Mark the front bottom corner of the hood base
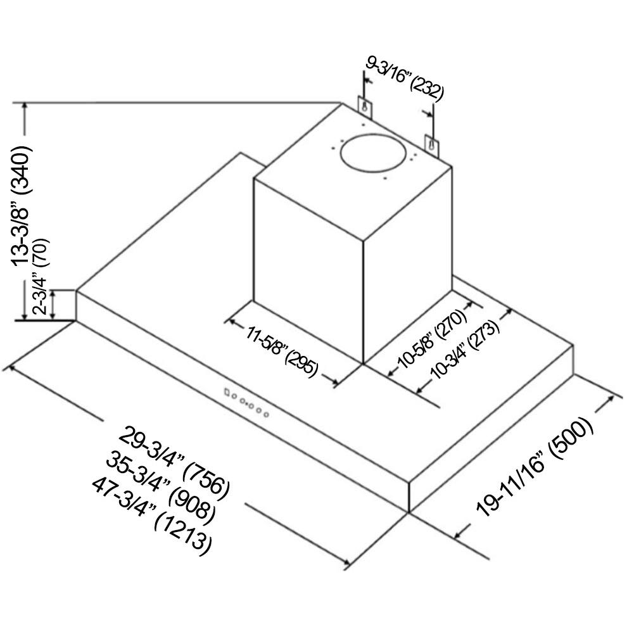(408, 512)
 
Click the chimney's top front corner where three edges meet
(363, 241)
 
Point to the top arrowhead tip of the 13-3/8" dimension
(25, 103)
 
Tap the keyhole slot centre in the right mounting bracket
(431, 144)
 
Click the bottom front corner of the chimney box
(363, 364)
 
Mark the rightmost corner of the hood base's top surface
(574, 345)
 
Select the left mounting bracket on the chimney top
(365, 107)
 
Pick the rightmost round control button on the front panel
(266, 415)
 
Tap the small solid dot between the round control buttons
(247, 404)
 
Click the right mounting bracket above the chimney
(431, 146)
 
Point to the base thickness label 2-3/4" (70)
(41, 276)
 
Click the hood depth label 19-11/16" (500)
(535, 467)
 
